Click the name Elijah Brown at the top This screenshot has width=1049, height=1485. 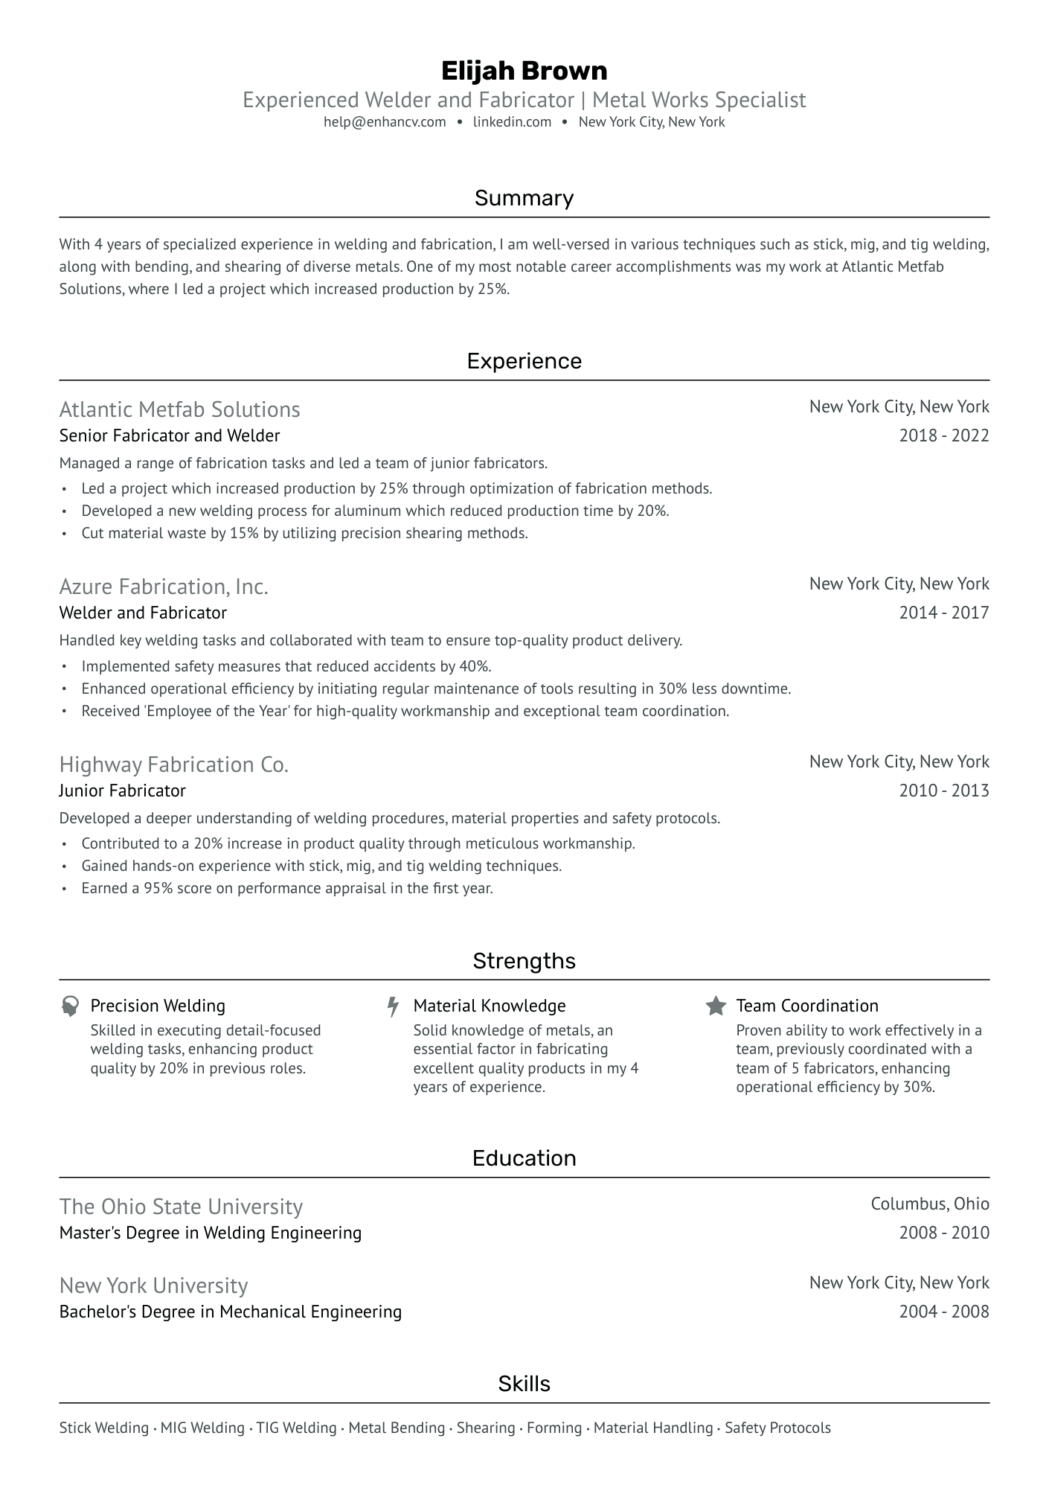pyautogui.click(x=524, y=71)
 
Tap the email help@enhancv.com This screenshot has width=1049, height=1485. pyautogui.click(x=385, y=122)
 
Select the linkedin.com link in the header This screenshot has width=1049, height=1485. pyautogui.click(x=512, y=122)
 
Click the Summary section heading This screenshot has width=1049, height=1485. pyautogui.click(x=524, y=198)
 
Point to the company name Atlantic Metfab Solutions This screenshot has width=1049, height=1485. pyautogui.click(x=179, y=409)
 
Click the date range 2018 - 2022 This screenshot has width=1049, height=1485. pyautogui.click(x=943, y=435)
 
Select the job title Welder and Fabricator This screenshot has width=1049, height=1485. pyautogui.click(x=143, y=613)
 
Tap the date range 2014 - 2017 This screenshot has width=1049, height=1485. pyautogui.click(x=943, y=613)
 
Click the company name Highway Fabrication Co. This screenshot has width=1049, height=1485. pyautogui.click(x=173, y=764)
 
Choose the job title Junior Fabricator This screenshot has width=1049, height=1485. pyautogui.click(x=122, y=791)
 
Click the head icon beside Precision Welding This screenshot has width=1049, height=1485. pyautogui.click(x=70, y=1006)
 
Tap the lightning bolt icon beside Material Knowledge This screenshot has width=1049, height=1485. pyautogui.click(x=393, y=1006)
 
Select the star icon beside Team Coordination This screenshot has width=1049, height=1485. pyautogui.click(x=716, y=1006)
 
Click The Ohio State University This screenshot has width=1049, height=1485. pyautogui.click(x=181, y=1207)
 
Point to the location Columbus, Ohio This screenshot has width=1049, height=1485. pyautogui.click(x=930, y=1204)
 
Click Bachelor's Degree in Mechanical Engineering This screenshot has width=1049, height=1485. pyautogui.click(x=231, y=1312)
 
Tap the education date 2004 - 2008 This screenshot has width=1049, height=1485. pyautogui.click(x=943, y=1312)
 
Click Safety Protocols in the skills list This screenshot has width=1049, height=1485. pyautogui.click(x=777, y=1428)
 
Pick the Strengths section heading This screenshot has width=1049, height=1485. pyautogui.click(x=524, y=961)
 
